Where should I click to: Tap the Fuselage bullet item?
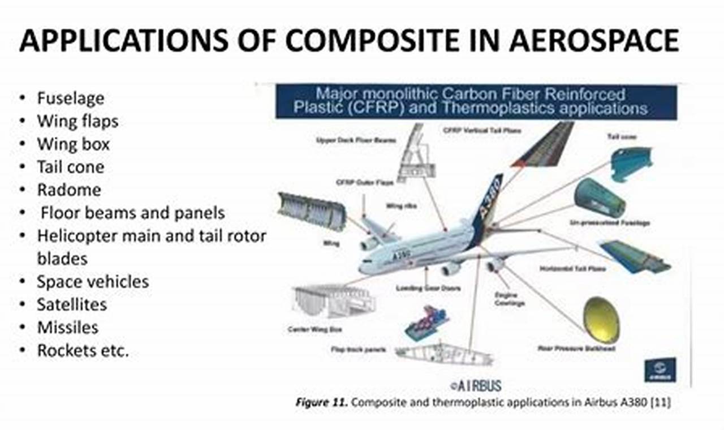click(71, 98)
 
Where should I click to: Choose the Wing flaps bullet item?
click(77, 121)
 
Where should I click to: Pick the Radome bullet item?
click(69, 190)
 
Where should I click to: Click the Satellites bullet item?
click(72, 304)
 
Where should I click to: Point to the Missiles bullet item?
click(67, 327)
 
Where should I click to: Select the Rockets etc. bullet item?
click(83, 350)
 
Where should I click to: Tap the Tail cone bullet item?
click(71, 167)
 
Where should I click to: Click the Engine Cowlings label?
click(510, 299)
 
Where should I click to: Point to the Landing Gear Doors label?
click(436, 289)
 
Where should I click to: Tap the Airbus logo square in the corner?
click(660, 370)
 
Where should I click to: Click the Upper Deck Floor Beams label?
click(356, 139)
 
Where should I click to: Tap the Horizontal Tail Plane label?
click(573, 268)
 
